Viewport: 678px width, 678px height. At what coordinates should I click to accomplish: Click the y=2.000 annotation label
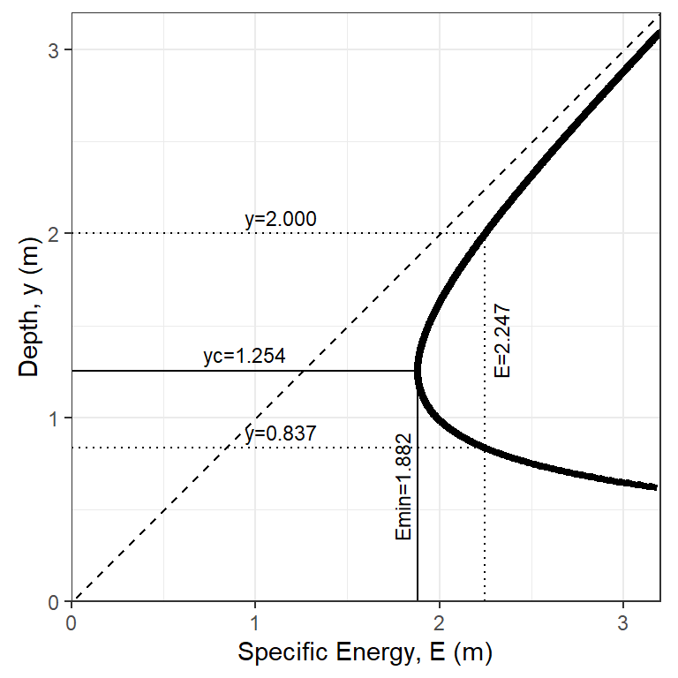(281, 220)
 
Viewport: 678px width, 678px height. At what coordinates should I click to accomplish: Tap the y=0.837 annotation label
(281, 433)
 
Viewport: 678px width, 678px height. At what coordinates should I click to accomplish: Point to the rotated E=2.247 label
(501, 342)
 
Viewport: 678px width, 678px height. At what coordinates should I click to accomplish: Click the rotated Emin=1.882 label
(403, 486)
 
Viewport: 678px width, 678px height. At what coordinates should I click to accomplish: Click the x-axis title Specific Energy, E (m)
(365, 653)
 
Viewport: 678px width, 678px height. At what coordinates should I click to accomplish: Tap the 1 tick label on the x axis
(255, 621)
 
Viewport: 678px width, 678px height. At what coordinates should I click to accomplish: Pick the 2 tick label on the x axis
(439, 621)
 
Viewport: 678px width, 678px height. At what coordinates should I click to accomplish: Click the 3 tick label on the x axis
(622, 621)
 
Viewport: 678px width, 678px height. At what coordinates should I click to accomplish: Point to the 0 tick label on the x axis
(71, 621)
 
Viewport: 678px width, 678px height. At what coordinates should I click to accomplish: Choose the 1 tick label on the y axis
(55, 418)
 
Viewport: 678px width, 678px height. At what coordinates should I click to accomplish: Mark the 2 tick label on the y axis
(55, 234)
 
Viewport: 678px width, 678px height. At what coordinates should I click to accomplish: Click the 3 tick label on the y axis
(55, 50)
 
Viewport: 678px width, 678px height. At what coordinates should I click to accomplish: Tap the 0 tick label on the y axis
(55, 601)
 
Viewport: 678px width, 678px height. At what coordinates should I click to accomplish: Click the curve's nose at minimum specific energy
(417, 371)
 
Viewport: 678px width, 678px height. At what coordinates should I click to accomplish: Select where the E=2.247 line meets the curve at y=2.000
(485, 234)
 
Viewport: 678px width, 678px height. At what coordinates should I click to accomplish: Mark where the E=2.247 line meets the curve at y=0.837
(485, 448)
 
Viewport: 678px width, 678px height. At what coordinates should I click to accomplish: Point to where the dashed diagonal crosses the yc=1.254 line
(301, 371)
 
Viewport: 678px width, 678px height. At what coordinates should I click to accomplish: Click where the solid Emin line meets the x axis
(417, 601)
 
